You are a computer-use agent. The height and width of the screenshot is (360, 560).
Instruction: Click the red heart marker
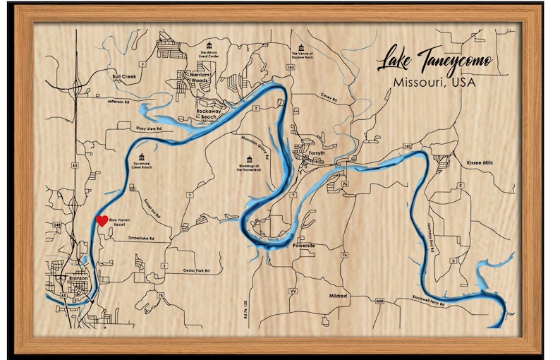coord(102,220)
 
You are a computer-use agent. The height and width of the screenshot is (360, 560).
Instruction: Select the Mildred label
coord(339,296)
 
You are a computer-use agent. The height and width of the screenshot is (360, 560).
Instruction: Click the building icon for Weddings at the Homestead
coord(248,158)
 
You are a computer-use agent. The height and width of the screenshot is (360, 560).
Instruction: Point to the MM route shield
coord(379,301)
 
